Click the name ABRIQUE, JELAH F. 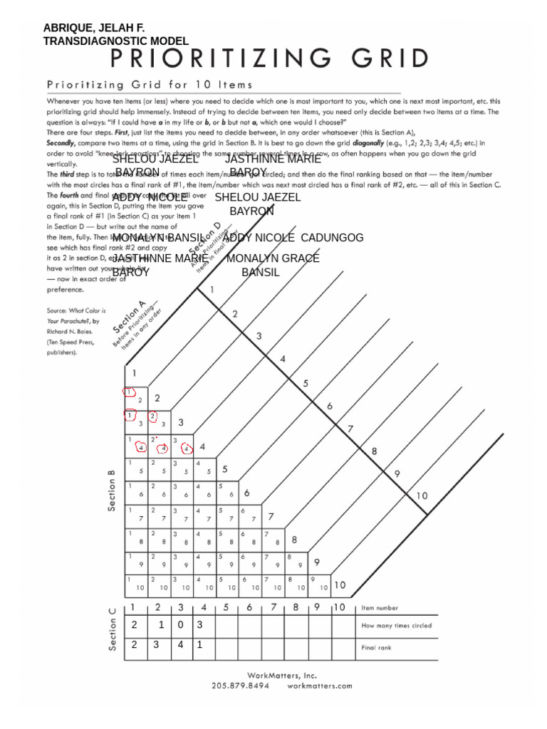coord(94,28)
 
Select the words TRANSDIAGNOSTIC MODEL coord(115,41)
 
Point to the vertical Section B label coord(111,490)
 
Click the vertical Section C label coord(111,629)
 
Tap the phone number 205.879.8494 coord(240,686)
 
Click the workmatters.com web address coord(320,686)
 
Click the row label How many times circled coord(396,626)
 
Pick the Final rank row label coord(379,647)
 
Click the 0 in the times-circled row coord(180,625)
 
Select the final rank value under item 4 coord(200,645)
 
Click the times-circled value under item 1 coord(134,625)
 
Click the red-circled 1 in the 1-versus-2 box coord(130,392)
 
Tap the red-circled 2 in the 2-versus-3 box coord(152,416)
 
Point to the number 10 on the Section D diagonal coord(422,495)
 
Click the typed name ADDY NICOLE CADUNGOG coord(293,237)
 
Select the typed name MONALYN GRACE coord(273,258)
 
